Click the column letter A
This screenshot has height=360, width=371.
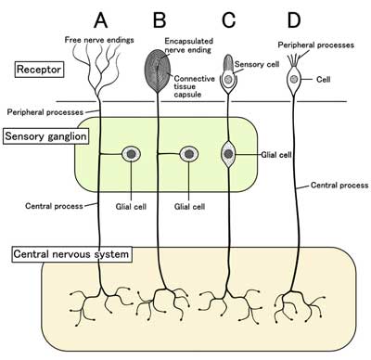click(100, 20)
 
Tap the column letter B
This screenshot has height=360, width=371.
click(160, 20)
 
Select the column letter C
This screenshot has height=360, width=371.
click(228, 20)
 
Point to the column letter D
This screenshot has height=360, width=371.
click(294, 20)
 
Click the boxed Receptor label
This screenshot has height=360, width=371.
click(39, 70)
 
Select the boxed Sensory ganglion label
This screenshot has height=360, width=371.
click(45, 136)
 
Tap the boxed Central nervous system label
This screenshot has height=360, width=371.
click(71, 254)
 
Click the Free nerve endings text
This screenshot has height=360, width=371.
click(99, 40)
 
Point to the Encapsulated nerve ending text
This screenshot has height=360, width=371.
click(188, 45)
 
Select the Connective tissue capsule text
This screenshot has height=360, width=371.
click(194, 86)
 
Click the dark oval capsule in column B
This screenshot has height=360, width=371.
click(158, 71)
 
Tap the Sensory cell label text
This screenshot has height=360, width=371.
click(257, 64)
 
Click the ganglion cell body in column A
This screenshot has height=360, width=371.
click(131, 154)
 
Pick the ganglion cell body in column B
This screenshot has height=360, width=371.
click(189, 154)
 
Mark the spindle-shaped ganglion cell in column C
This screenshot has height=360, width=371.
click(228, 154)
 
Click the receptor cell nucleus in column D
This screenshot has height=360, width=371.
click(294, 79)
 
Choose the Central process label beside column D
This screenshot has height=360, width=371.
click(339, 186)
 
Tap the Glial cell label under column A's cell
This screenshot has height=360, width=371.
click(131, 207)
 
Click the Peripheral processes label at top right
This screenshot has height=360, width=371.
click(316, 45)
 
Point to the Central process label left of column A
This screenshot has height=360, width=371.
click(54, 206)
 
